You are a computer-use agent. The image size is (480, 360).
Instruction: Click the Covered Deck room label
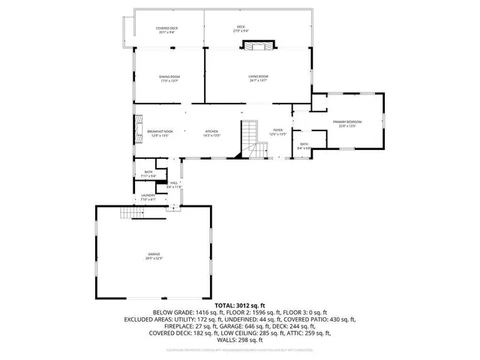(168, 29)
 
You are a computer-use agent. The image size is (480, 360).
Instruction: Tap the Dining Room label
(169, 78)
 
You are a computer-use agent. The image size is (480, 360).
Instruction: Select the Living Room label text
(258, 78)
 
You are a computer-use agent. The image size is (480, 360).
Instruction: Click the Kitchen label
(211, 133)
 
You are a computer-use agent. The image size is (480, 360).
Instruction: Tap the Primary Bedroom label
(349, 123)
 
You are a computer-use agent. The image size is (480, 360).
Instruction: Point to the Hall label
(173, 183)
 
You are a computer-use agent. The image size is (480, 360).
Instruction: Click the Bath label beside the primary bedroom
(304, 145)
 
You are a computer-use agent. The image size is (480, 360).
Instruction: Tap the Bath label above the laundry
(148, 173)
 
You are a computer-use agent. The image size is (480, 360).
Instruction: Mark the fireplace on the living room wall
(259, 46)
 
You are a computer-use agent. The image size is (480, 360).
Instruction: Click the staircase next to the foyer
(250, 139)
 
